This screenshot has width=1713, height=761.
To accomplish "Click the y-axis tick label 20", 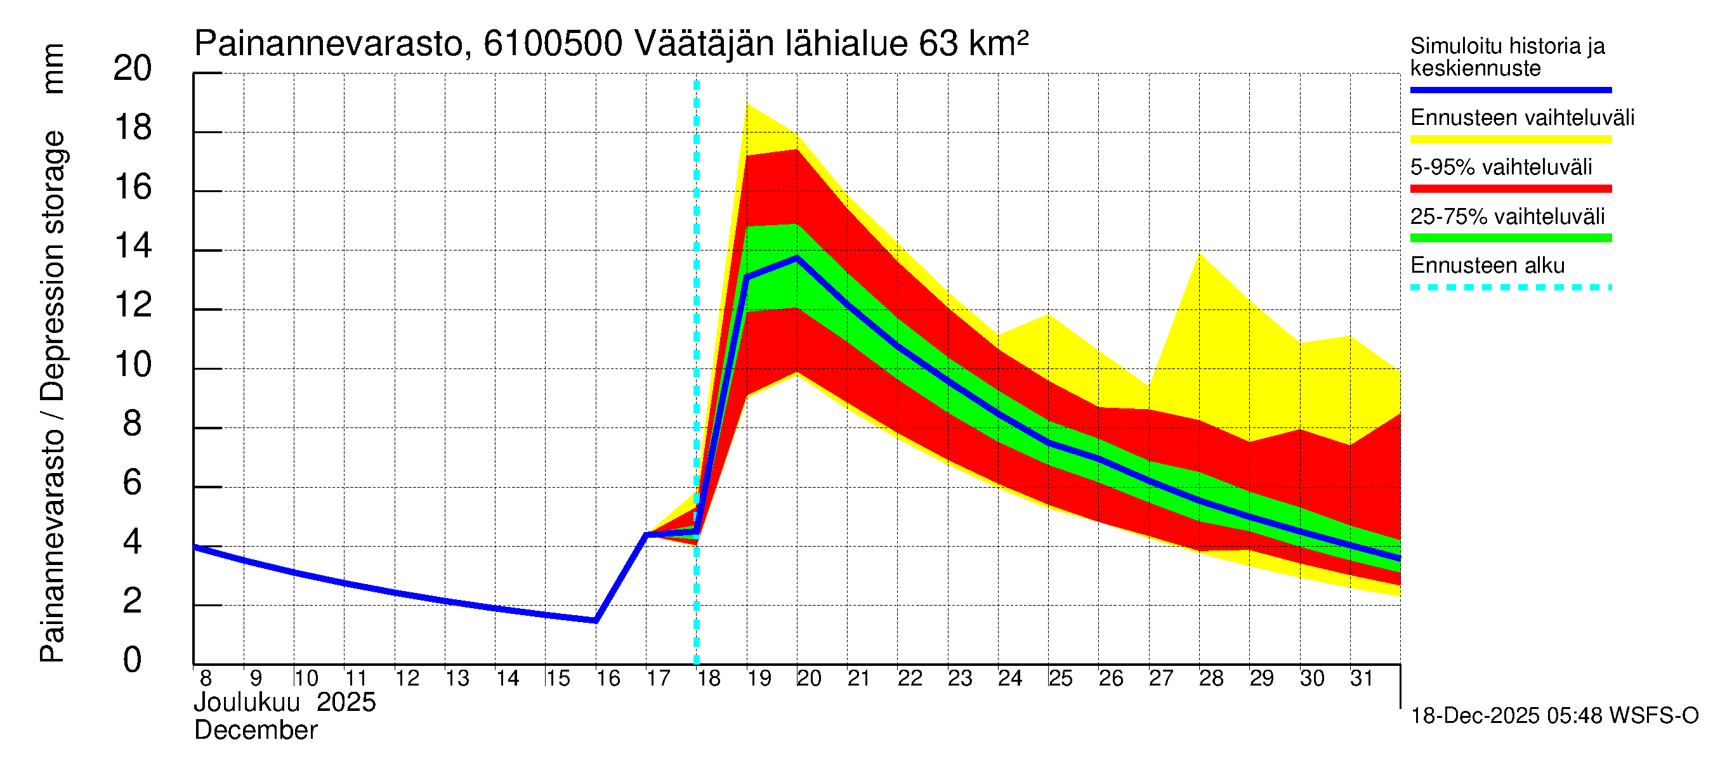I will (x=133, y=68).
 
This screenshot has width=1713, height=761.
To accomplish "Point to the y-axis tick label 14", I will (x=133, y=247).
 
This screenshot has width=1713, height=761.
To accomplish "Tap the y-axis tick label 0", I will (x=133, y=660).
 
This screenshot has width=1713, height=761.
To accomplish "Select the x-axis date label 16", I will (x=608, y=679).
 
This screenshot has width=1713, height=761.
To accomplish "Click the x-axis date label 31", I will (x=1362, y=679).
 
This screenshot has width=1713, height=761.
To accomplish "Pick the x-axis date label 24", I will (x=1009, y=679).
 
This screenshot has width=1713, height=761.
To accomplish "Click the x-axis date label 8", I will (x=206, y=679).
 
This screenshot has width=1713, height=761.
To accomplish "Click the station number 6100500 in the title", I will (x=553, y=44).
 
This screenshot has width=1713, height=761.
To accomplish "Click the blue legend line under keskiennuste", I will (x=1510, y=89).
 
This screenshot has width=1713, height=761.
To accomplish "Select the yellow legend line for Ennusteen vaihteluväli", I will (x=1510, y=140).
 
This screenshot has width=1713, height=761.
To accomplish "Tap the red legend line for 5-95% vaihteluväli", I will (x=1510, y=189).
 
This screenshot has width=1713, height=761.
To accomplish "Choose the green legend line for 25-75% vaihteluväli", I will (x=1510, y=238).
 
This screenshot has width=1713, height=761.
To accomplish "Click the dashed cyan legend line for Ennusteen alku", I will (x=1510, y=288).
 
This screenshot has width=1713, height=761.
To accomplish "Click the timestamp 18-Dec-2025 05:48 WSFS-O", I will (x=1554, y=716).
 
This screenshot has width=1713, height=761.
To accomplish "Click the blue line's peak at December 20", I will (x=797, y=257).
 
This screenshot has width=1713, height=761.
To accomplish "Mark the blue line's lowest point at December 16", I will (x=595, y=621).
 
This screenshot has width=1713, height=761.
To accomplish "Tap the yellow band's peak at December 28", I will (x=1199, y=254).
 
